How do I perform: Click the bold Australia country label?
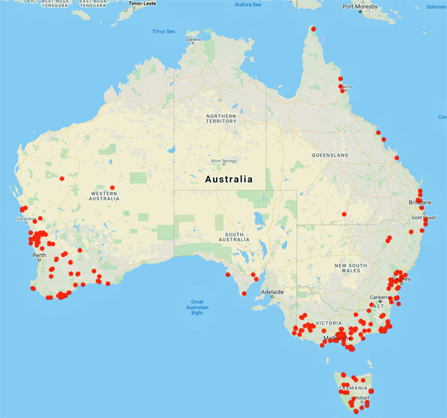pyautogui.click(x=228, y=180)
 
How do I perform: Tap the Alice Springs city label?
pyautogui.click(x=223, y=161)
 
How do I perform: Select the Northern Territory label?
pyautogui.click(x=221, y=121)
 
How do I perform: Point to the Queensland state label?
pyautogui.click(x=330, y=155)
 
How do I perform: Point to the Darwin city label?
pyautogui.click(x=192, y=39)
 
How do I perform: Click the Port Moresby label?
pyautogui.click(x=363, y=7)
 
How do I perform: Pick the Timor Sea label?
pyautogui.click(x=163, y=31)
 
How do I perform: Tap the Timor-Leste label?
pyautogui.click(x=145, y=4)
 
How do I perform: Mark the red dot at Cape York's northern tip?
pyautogui.click(x=314, y=29)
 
